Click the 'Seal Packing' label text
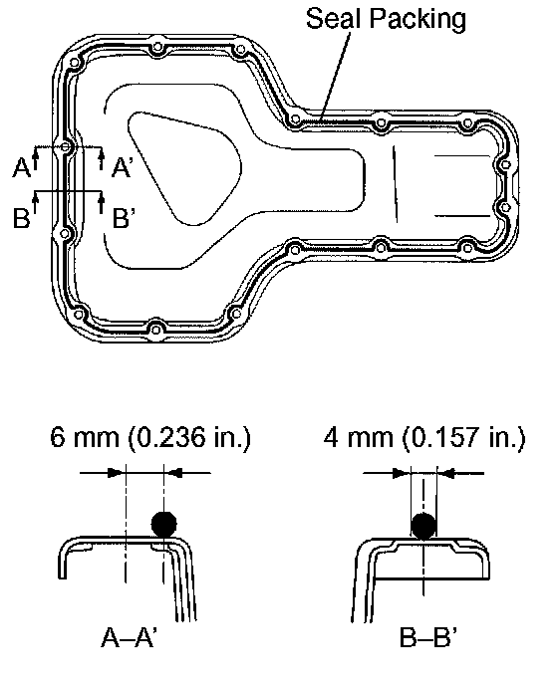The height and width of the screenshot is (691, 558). click(x=386, y=19)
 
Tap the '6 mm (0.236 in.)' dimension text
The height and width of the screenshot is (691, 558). click(x=150, y=437)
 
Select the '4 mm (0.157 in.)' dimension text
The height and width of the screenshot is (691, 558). click(x=424, y=437)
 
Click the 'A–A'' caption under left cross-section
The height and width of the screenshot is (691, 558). click(x=129, y=637)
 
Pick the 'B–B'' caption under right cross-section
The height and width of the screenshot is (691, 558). click(x=427, y=637)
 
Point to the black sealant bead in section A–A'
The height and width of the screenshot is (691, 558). click(x=164, y=524)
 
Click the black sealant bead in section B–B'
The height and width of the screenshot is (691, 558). click(x=423, y=526)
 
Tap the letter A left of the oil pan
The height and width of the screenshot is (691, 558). click(x=21, y=167)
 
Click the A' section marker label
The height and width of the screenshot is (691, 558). click(x=121, y=167)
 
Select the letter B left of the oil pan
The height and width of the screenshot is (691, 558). click(x=21, y=217)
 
